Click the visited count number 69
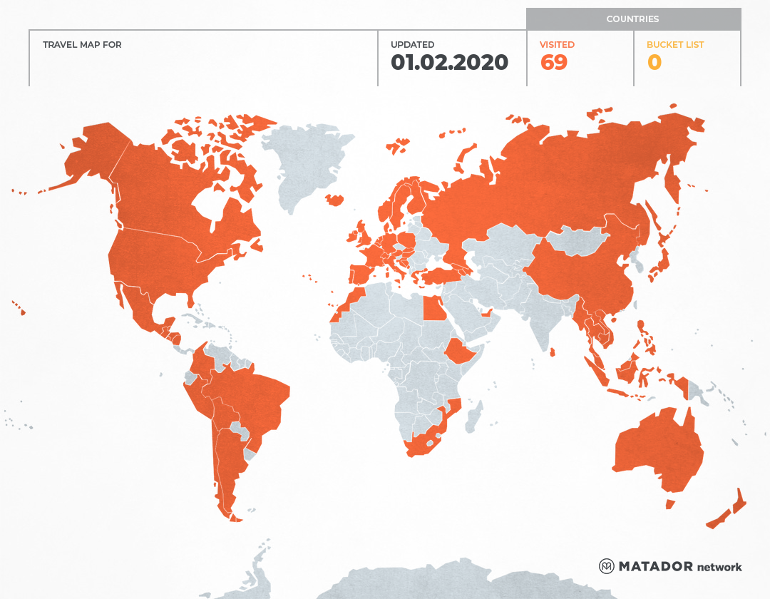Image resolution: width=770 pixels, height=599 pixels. (554, 63)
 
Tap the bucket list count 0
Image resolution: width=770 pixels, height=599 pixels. (654, 63)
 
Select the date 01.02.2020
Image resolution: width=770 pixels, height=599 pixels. (449, 63)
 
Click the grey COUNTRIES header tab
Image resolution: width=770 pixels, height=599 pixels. (633, 19)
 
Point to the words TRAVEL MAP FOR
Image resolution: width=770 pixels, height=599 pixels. (82, 45)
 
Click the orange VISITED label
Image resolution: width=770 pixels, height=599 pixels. (557, 45)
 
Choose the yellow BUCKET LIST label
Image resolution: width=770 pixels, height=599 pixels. (674, 45)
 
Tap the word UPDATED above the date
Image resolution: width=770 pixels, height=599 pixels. (412, 45)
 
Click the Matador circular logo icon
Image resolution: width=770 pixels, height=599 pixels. (607, 566)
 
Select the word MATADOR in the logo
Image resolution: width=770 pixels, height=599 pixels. (655, 566)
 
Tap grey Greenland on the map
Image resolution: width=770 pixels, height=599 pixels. (307, 164)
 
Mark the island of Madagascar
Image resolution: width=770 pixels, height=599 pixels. (473, 416)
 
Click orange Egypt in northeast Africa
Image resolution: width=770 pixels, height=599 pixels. (433, 308)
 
